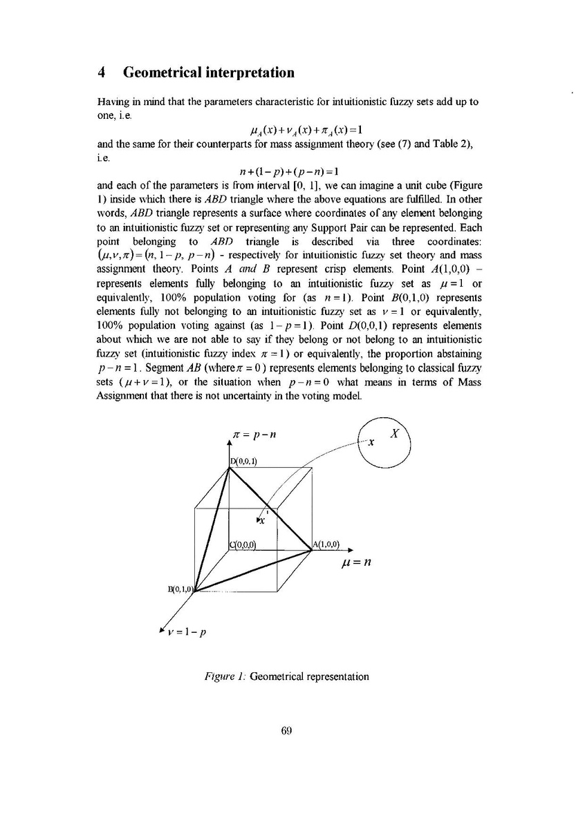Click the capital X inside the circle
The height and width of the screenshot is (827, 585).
[x=395, y=435]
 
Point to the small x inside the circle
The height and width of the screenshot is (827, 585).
[x=371, y=443]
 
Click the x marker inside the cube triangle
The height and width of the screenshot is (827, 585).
[x=261, y=520]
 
